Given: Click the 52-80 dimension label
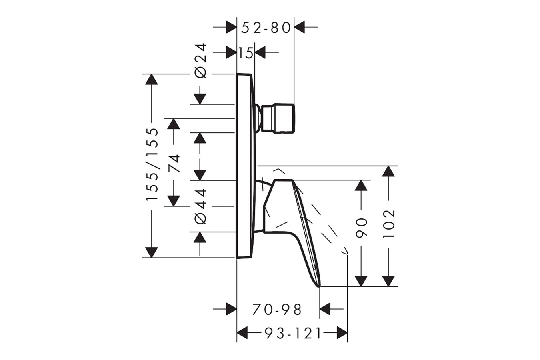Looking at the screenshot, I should pos(266,28).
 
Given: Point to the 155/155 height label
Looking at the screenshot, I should pos(152,164).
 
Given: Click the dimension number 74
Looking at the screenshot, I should pos(174,163).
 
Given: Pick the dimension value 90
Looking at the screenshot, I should pos(361,228).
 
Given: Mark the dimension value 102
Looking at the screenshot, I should pos(388,224).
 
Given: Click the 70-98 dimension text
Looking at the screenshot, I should pos(277,309).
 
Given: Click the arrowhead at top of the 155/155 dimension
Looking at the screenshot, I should pos(151,79).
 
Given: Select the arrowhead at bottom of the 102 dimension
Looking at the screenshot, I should pos(388,281).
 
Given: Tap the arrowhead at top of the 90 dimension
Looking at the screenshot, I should pos(361,186).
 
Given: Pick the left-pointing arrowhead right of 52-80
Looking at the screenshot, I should pos(300,28).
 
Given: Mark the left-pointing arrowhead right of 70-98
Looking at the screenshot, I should pos(326,309).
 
